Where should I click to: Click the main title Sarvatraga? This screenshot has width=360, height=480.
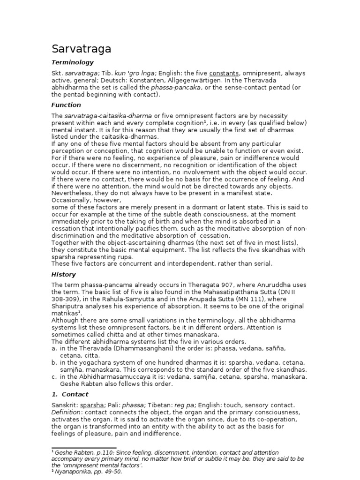click(x=81, y=49)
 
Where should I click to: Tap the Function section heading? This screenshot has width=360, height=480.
click(x=66, y=105)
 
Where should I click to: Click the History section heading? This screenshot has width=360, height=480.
click(x=63, y=274)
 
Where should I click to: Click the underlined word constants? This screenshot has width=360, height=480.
click(x=224, y=73)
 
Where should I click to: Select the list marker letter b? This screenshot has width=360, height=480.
click(x=54, y=362)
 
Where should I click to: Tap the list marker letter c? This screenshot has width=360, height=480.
click(x=54, y=376)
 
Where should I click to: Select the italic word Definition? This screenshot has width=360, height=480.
click(x=66, y=412)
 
